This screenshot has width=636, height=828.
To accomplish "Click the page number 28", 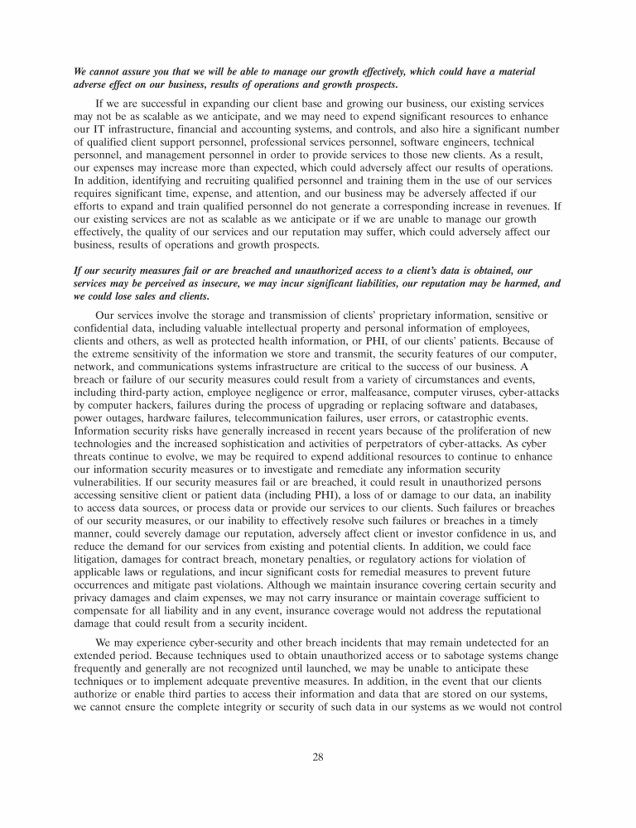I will [x=317, y=755].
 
